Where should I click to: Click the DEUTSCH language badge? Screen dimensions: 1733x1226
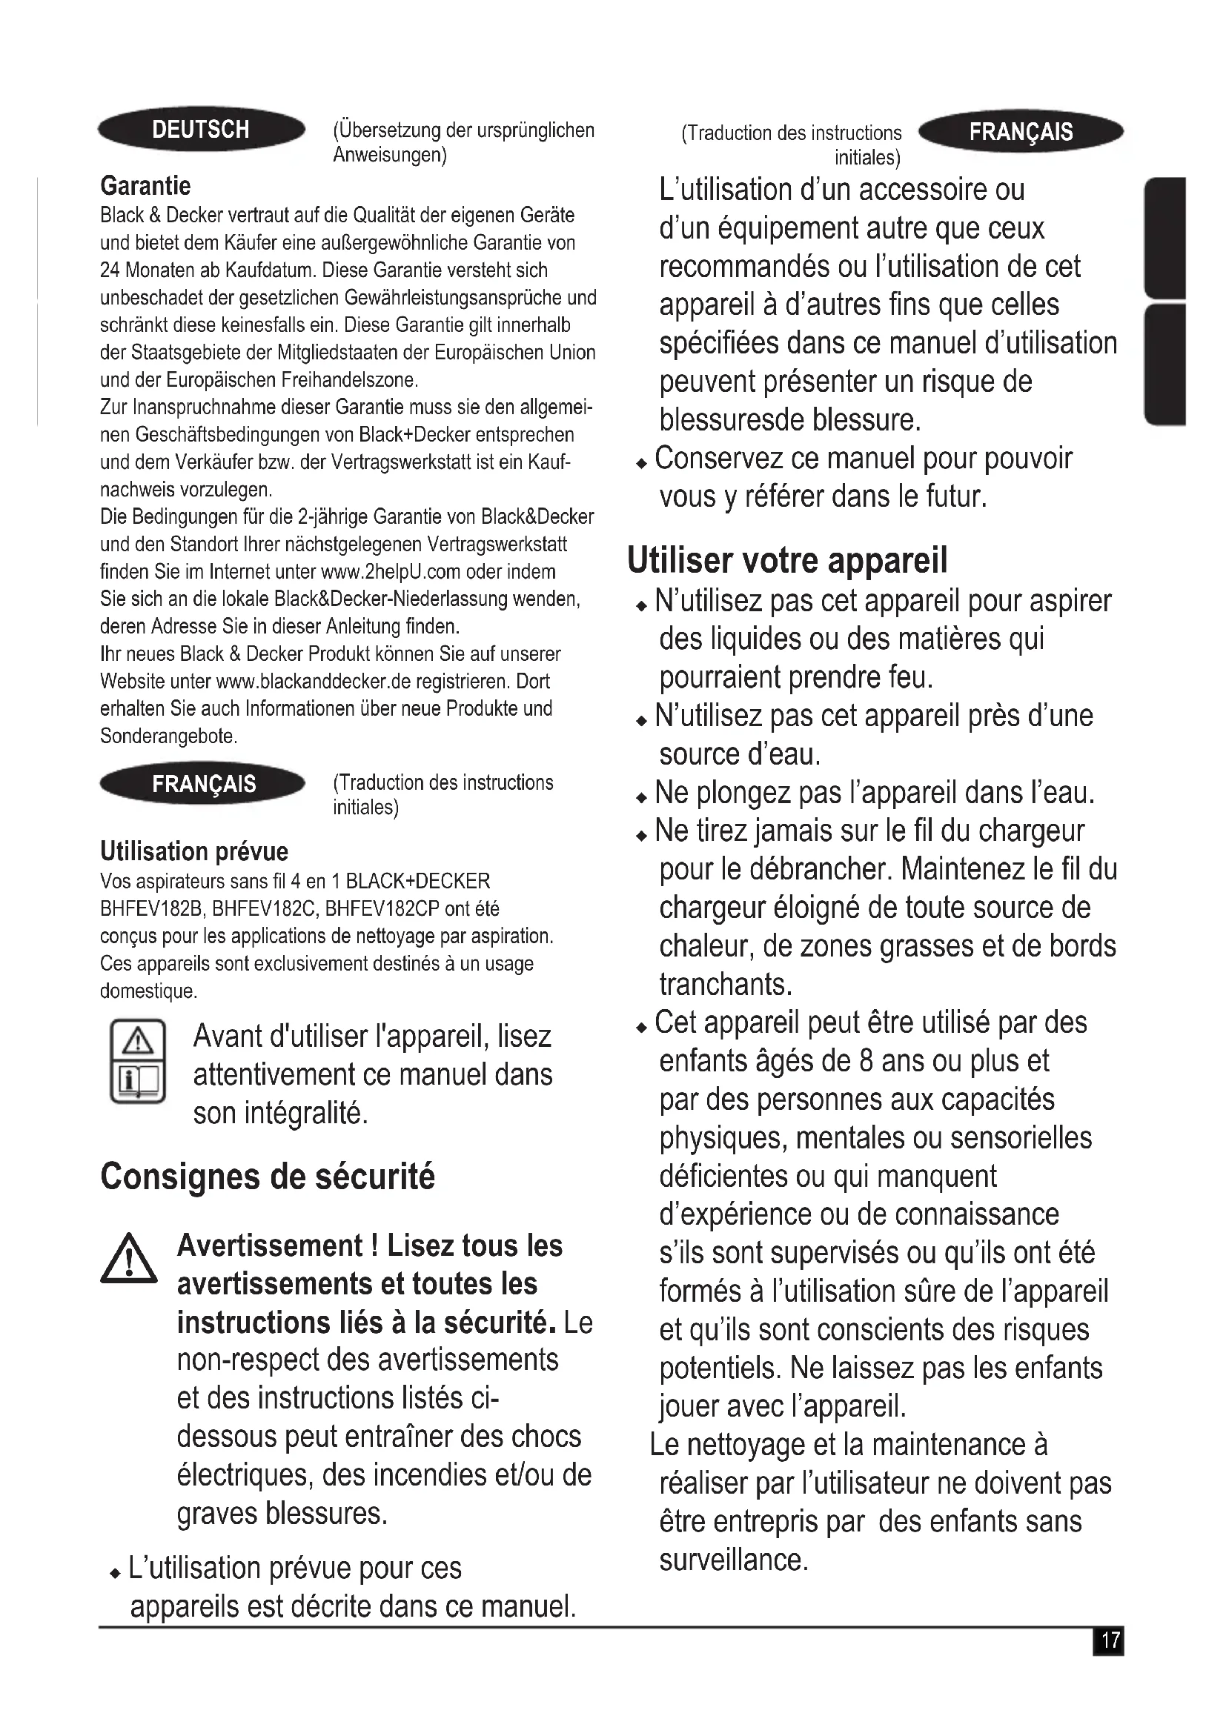pos(201,130)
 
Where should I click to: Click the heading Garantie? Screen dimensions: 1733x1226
pos(146,186)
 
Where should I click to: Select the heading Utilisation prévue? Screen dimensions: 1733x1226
pos(194,851)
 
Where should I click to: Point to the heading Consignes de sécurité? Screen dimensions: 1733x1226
pos(268,1177)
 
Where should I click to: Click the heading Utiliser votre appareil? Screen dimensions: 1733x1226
pos(786,560)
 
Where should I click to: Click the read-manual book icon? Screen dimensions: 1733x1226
pos(137,1060)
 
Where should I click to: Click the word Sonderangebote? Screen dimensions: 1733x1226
pos(168,736)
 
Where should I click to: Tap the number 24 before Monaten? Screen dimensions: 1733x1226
pos(110,270)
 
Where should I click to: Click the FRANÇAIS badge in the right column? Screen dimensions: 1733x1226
pos(1021,132)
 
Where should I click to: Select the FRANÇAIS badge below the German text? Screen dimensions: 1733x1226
pos(203,784)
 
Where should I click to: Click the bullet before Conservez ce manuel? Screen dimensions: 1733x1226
pos(642,463)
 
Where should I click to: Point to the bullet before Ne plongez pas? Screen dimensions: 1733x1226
pos(642,798)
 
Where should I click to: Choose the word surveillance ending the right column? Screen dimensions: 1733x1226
pos(733,1560)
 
